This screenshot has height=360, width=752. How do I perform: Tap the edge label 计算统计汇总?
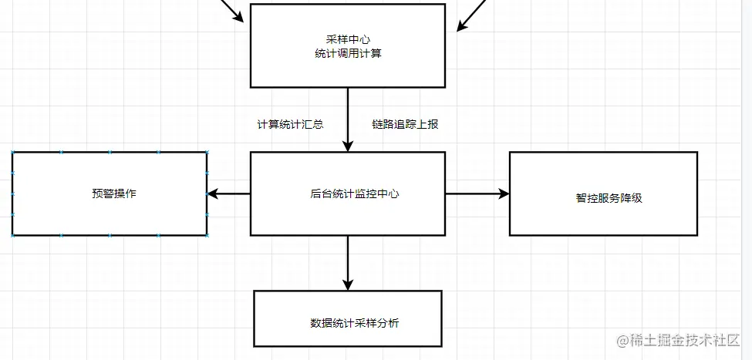290,123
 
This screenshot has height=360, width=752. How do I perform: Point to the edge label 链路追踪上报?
405,123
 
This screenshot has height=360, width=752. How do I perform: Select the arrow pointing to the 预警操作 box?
229,193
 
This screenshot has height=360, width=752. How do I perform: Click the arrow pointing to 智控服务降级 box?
477,193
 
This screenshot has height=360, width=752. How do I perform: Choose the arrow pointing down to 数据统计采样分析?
348,262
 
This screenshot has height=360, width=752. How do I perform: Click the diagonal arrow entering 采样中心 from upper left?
234,10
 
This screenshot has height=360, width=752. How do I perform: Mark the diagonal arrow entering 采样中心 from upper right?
472,15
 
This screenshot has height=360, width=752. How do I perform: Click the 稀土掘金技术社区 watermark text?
685,340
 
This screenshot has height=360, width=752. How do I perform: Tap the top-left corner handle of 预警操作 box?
13,153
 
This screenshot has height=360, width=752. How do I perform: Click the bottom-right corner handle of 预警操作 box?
207,234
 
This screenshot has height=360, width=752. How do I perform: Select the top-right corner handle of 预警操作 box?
207,153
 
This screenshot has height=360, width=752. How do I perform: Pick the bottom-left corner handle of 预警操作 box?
13,234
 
